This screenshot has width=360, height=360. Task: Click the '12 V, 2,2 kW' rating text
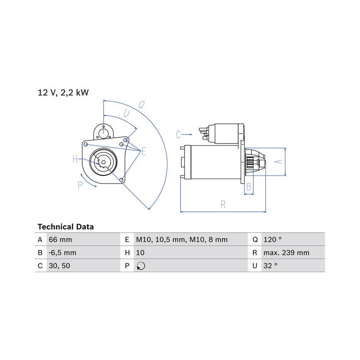click(63, 93)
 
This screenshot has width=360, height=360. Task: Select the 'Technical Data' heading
click(66, 227)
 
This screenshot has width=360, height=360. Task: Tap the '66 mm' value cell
click(60, 240)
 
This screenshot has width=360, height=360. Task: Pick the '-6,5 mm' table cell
click(63, 253)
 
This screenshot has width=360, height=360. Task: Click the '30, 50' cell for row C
click(59, 266)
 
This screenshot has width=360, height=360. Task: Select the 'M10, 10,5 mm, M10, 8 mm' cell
click(182, 240)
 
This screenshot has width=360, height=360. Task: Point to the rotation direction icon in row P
click(141, 266)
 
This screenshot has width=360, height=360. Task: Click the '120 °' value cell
click(272, 240)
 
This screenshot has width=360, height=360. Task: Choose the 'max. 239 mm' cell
click(286, 253)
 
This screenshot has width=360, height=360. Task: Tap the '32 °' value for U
click(270, 266)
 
